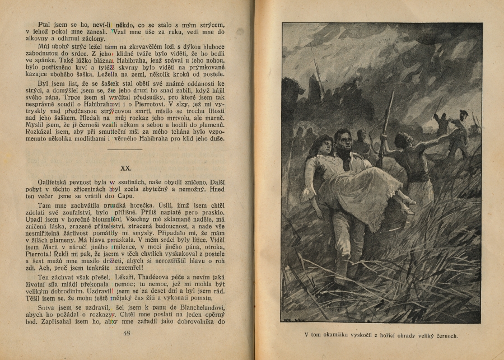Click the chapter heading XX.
tap(126, 167)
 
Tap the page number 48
tap(126, 334)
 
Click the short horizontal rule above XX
tap(126, 150)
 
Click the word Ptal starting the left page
tap(46, 25)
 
